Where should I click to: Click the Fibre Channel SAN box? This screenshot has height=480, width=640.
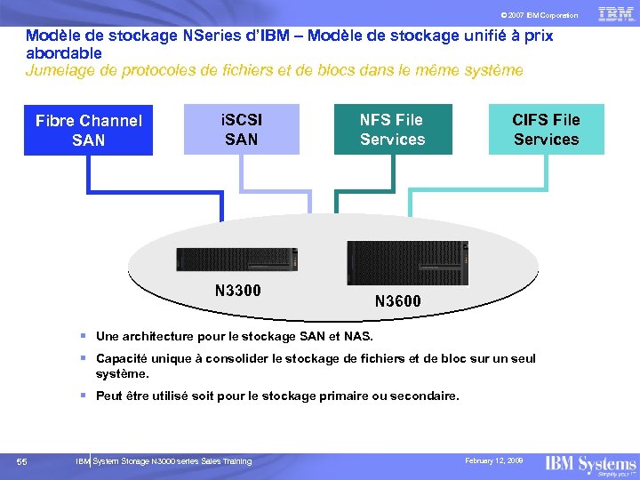88,130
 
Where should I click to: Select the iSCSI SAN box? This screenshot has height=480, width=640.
242,129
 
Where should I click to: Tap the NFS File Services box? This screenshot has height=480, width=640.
392,129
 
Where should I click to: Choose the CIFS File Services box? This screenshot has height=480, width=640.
546,129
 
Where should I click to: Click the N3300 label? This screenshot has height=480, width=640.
238,290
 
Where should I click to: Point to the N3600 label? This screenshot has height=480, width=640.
398,301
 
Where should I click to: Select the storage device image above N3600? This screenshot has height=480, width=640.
405,262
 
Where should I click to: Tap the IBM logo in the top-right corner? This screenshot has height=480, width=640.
615,13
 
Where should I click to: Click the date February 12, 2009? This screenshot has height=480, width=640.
493,460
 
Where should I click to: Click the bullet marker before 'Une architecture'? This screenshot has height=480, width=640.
82,337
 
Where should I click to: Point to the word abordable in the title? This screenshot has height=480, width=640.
63,53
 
